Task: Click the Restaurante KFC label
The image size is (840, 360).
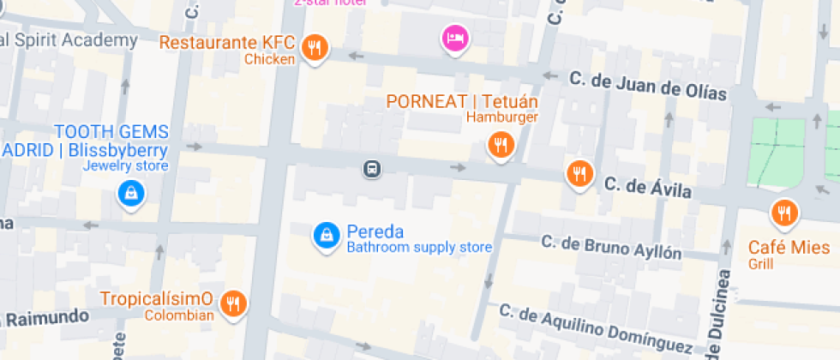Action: point(227,42)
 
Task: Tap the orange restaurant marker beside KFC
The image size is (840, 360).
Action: point(316,48)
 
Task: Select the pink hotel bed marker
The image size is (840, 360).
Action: point(454,38)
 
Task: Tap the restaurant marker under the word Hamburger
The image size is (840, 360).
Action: point(500,144)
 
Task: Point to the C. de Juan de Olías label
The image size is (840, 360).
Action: point(648,86)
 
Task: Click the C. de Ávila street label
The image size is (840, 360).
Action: point(647,187)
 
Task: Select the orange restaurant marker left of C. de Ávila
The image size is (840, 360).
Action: point(580,174)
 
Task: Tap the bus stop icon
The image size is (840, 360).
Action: point(372,168)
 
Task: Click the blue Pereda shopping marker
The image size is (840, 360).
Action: point(325,233)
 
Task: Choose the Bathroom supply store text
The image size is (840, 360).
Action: point(418,248)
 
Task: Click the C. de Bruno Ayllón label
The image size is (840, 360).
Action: point(611,247)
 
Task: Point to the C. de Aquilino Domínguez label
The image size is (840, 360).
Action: point(596,327)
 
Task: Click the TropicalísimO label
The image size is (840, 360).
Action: point(156,299)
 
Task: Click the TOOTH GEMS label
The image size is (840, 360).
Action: point(111,132)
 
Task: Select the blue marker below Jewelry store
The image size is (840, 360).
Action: point(130,193)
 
